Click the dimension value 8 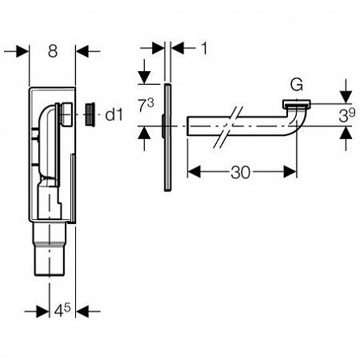53,51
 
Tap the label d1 114,115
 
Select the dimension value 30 240,172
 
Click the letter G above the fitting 296,85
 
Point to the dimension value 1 205,49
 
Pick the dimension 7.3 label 146,105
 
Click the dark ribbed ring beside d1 90,114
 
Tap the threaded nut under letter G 296,104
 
